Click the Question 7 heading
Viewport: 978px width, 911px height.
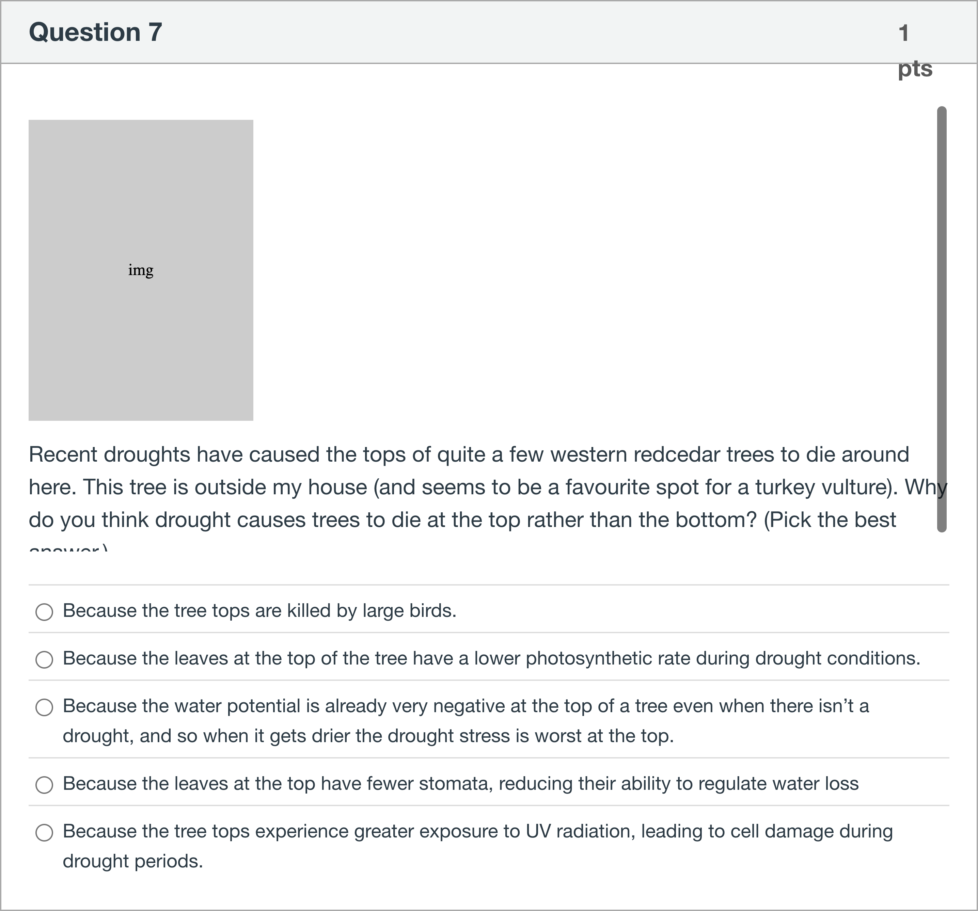pos(95,32)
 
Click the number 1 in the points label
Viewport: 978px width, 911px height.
pos(903,33)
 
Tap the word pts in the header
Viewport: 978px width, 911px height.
pos(915,69)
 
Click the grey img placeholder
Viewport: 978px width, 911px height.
pos(141,270)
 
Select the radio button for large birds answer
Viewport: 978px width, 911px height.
pos(44,612)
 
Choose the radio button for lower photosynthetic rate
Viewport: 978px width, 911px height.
pos(44,660)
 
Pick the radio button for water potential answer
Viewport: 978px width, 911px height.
pos(44,707)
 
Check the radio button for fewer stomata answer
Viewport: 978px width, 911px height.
pos(44,785)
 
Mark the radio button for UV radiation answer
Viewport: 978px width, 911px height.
pos(44,833)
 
